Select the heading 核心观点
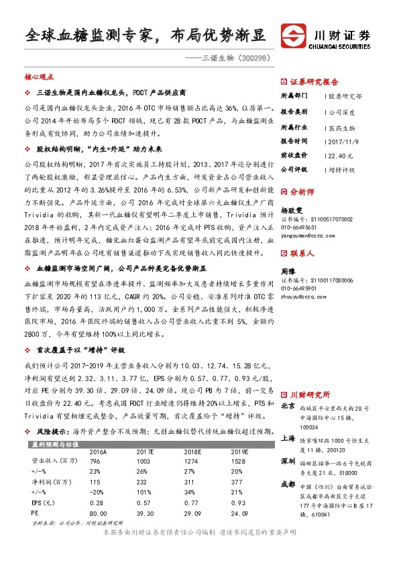[x=38, y=78]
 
